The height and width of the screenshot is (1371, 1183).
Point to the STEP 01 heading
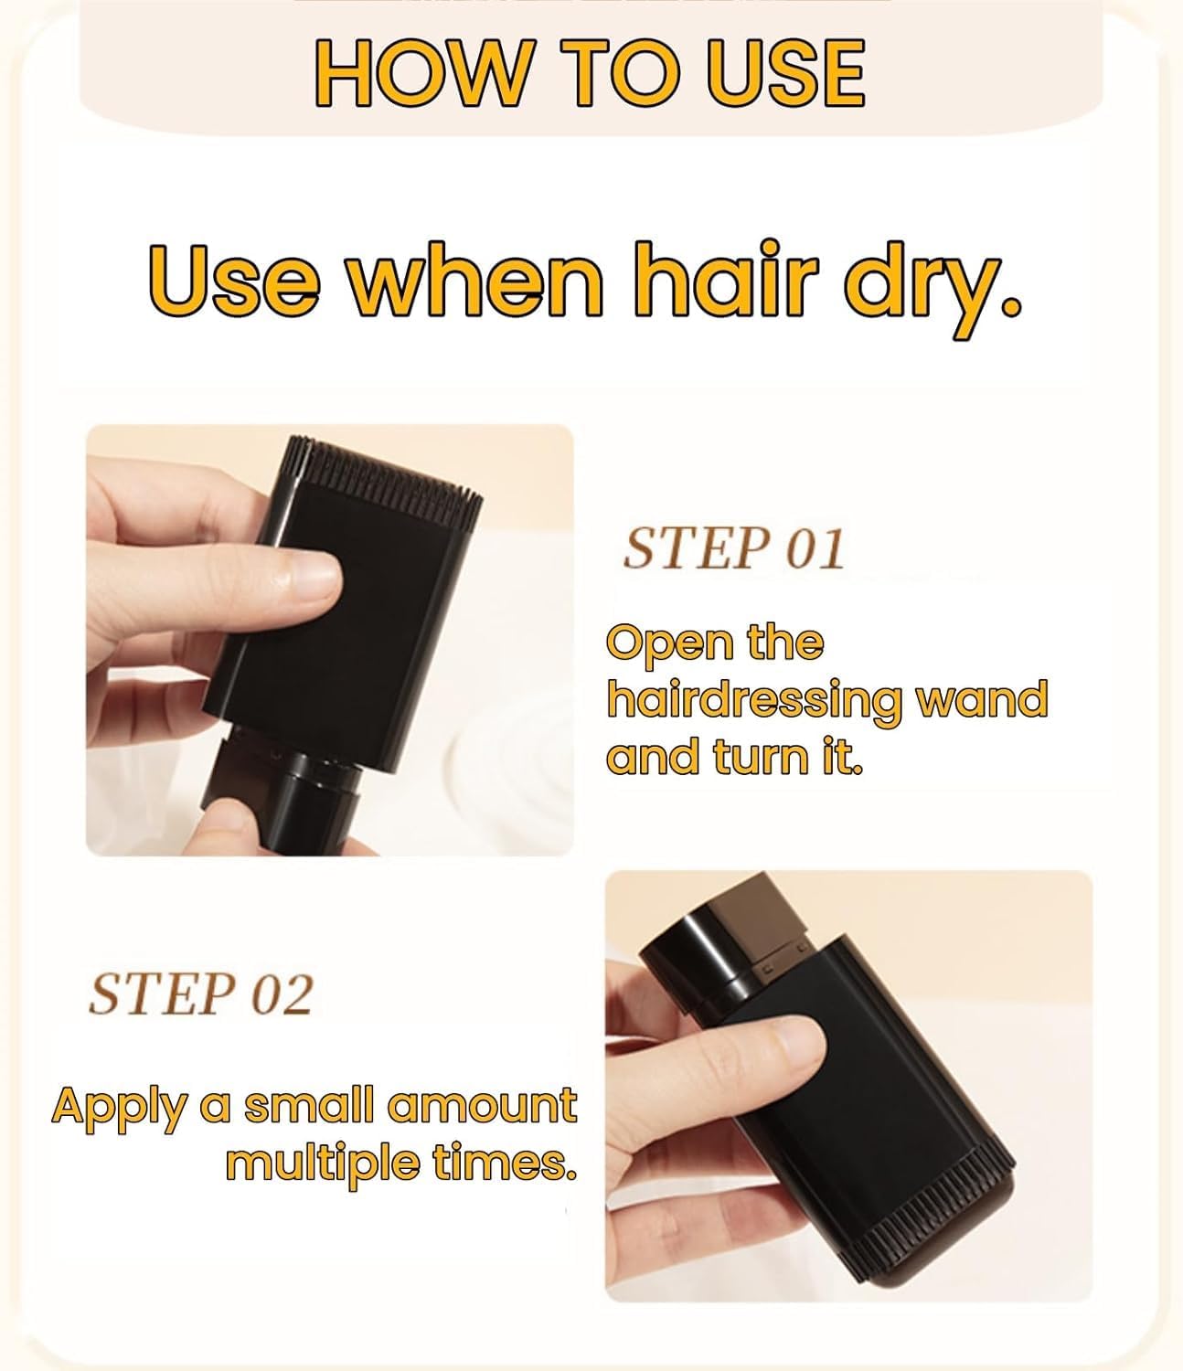click(732, 548)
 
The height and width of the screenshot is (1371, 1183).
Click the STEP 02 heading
click(200, 994)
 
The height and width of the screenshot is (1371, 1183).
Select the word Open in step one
click(656, 643)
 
